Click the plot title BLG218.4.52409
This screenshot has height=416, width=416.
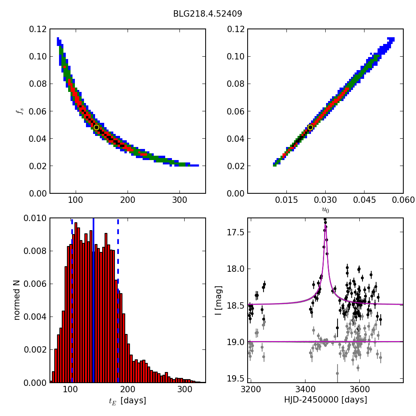pyautogui.click(x=208, y=14)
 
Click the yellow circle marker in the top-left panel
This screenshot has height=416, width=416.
pyautogui.click(x=96, y=127)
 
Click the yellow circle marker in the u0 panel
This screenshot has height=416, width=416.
pyautogui.click(x=310, y=127)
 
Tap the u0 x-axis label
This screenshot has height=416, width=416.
pyautogui.click(x=325, y=210)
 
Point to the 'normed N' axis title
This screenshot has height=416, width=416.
pyautogui.click(x=17, y=300)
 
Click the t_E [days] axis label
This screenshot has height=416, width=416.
pyautogui.click(x=128, y=401)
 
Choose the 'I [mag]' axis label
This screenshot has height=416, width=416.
pyautogui.click(x=218, y=300)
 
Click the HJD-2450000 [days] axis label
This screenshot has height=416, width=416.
pyautogui.click(x=325, y=400)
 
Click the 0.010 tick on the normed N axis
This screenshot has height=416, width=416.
pyautogui.click(x=35, y=218)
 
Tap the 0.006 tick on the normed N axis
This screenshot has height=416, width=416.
pyautogui.click(x=35, y=284)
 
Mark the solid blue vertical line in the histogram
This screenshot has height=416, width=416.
pyautogui.click(x=94, y=277)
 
